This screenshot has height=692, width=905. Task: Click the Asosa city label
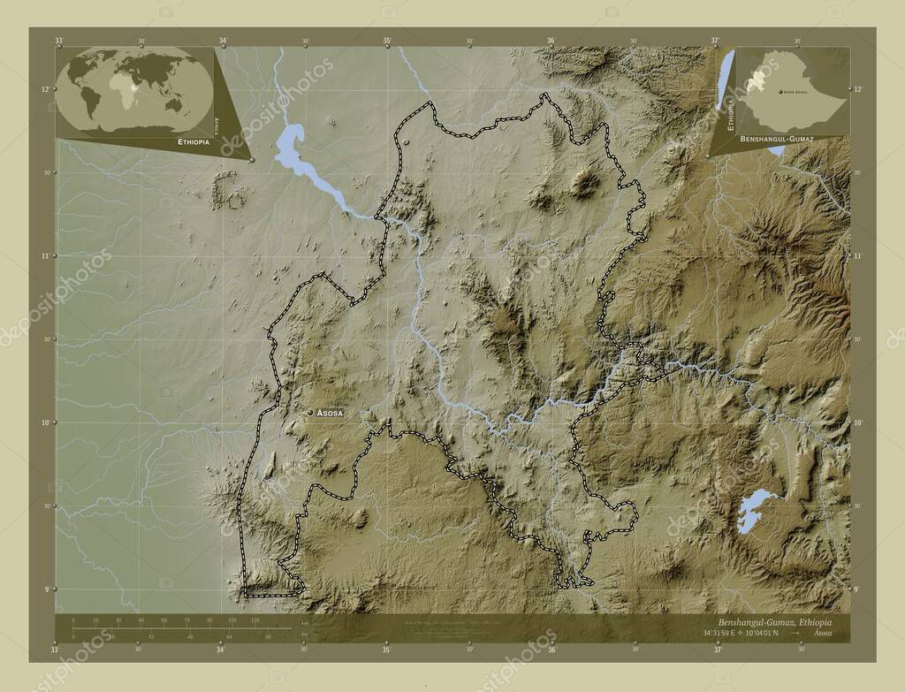330,413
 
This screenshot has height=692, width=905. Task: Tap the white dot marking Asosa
309,413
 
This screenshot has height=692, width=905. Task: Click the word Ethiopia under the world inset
194,141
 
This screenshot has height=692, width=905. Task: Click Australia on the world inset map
176,103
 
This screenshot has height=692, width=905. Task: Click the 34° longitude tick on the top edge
222,41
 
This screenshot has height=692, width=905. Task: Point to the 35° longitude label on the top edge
386,41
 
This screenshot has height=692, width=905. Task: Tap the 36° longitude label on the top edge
551,41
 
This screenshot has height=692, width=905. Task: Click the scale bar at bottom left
177,628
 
